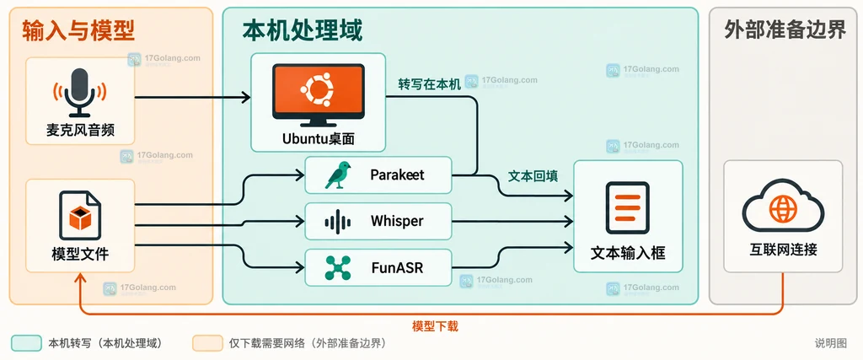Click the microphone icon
pos(80,92)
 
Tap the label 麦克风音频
pos(80,131)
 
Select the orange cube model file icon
pos(80,214)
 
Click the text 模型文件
pos(80,254)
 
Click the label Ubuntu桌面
pos(318,138)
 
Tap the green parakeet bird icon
pos(338,175)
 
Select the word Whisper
pos(397,221)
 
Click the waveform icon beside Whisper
pos(337,222)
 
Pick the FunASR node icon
pos(337,267)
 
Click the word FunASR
pos(398,268)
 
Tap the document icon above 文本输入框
pos(627,208)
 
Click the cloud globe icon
pos(783,208)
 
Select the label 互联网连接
pos(783,250)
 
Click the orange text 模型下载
pos(435,326)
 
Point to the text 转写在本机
pos(430,85)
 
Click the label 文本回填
pos(533,176)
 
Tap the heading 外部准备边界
pos(785,31)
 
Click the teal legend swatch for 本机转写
pos(26,343)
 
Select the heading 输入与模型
pos(78,31)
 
